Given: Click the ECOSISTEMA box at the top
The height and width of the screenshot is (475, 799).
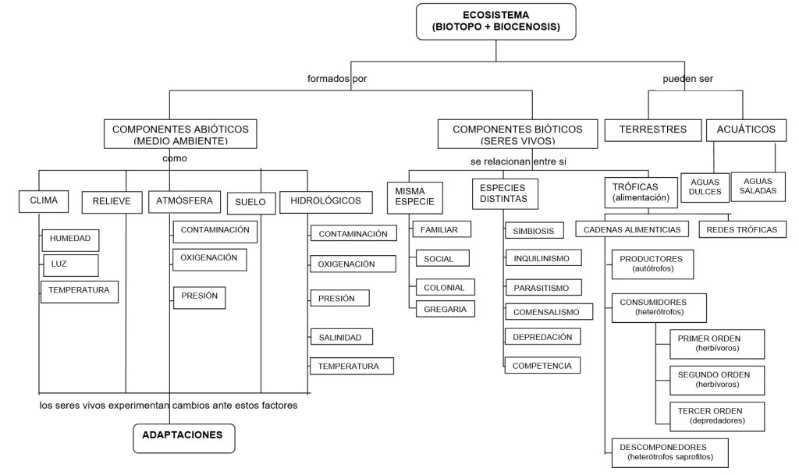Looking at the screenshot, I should pos(496,22).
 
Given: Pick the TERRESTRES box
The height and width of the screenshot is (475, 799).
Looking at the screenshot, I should pos(652,129).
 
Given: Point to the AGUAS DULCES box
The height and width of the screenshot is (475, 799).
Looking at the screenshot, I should pos(705,187).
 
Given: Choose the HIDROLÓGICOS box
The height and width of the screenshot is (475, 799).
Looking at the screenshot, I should pos(325,201).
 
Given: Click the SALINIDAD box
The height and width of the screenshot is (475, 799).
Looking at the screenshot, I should pos(341,337).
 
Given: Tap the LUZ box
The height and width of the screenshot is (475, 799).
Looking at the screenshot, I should pos(70,264).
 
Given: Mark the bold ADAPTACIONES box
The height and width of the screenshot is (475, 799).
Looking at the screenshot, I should pos(183,437).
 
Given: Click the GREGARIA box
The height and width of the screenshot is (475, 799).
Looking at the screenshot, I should pos(445,309).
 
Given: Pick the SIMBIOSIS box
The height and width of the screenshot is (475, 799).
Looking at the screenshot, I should pos(533,231).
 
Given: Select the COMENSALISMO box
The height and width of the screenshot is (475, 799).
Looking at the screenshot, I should pos(548,312).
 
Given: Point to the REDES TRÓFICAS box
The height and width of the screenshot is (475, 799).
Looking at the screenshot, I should pos(741,229).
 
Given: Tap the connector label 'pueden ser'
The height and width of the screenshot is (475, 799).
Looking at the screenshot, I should pos(688,79).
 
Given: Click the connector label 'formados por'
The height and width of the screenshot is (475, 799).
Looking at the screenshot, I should pos(337,79).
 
